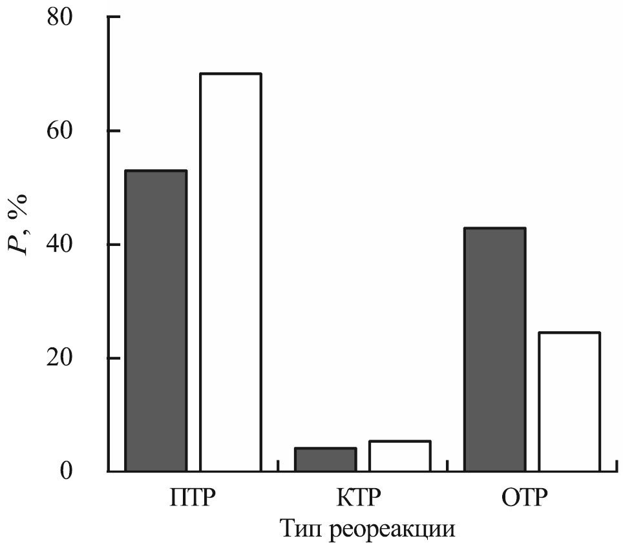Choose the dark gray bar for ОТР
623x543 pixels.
pyautogui.click(x=495, y=349)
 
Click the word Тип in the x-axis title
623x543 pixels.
pyautogui.click(x=302, y=529)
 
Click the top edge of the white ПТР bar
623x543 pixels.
pyautogui.click(x=230, y=74)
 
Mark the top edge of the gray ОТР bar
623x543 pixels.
pyautogui.click(x=495, y=229)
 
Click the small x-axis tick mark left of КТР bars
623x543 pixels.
pyautogui.click(x=278, y=466)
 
